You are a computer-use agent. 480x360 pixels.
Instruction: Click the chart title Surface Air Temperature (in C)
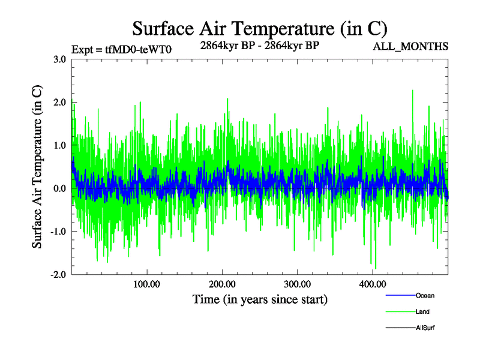point(259,28)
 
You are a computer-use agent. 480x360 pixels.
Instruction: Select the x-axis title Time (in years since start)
point(260,299)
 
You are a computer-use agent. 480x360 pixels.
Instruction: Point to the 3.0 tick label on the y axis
point(59,59)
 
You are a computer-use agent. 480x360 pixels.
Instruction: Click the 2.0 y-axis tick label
point(59,102)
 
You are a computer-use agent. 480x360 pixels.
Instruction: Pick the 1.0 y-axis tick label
point(59,145)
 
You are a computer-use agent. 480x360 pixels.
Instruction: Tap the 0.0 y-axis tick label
point(59,188)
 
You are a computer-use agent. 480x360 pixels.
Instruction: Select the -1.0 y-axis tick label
point(58,232)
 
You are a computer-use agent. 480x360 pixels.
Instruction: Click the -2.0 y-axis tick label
point(58,275)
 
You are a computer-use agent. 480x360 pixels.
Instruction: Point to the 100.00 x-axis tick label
point(146,284)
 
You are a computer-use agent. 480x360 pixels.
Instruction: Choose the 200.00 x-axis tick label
point(221,284)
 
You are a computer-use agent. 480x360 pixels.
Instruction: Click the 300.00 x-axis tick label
point(297,284)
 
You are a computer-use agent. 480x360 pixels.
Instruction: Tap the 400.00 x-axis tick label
point(372,284)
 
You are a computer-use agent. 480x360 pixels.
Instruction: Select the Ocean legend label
point(425,295)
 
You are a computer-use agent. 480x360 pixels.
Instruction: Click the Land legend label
point(422,311)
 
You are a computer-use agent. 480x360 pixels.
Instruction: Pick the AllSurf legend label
point(425,328)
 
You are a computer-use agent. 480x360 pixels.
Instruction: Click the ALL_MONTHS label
point(411,47)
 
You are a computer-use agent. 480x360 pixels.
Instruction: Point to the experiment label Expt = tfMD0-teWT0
point(122,49)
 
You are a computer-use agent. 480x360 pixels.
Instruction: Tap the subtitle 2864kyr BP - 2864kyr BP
point(259,45)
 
